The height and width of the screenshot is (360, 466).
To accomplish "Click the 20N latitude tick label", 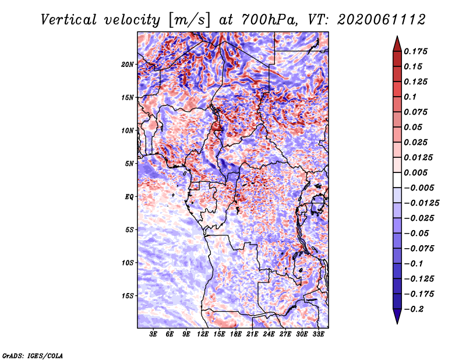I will pos(128,64).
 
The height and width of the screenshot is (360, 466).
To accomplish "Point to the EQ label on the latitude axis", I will pos(129,196).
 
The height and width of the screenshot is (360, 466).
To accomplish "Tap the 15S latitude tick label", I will pos(128,295).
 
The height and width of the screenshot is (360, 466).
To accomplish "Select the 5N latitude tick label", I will pos(129,163).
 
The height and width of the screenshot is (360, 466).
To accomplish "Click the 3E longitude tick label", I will pos(154,334).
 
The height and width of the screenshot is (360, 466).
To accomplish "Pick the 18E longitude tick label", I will pos(236,334).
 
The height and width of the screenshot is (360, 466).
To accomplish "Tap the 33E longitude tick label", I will pos(318,334).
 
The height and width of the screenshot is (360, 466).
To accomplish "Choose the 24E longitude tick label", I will pos(269,334).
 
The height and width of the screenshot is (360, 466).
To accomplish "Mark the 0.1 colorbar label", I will pos(411,97).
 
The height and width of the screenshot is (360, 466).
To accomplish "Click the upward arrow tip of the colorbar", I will pos(397,38).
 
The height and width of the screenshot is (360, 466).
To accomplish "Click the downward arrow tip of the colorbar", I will pos(397,322).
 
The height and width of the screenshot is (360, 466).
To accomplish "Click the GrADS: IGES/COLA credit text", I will pos(33,355).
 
